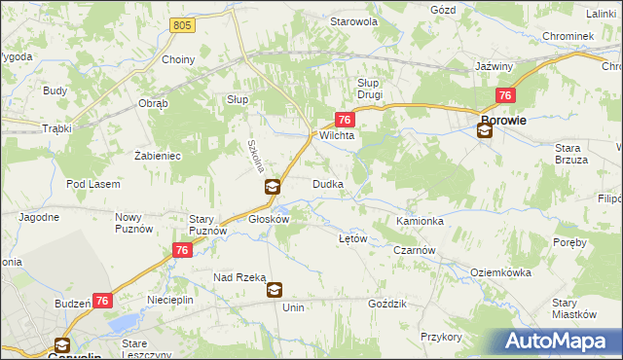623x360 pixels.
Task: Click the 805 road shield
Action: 179,24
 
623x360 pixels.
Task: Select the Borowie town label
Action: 503,121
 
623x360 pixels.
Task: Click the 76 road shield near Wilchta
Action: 344,119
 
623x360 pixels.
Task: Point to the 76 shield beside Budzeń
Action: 102,303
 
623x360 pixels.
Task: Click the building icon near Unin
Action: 275,289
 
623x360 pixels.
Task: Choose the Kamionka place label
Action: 421,222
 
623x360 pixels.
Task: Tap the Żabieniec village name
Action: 157,155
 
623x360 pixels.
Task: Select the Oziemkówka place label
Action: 498,273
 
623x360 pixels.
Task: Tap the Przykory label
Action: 441,337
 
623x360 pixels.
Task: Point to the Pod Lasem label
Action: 93,184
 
